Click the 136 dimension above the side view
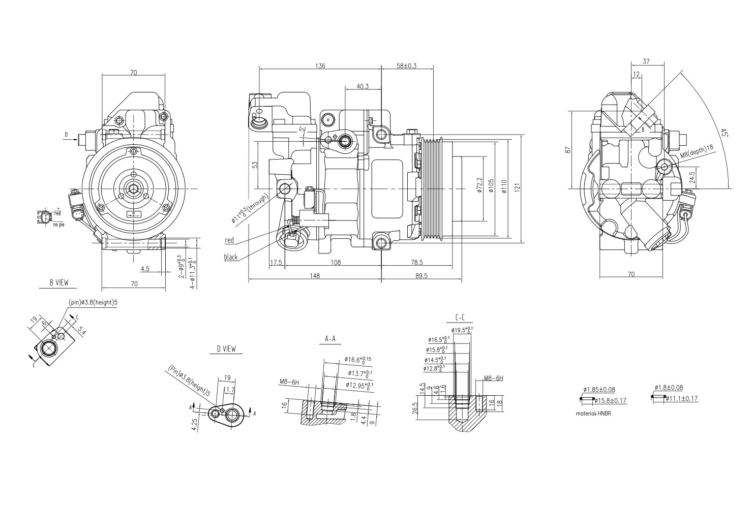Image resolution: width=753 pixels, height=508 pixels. (x=320, y=66)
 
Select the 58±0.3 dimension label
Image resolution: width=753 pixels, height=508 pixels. (x=407, y=66)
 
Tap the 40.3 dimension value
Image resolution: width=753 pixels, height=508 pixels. (x=363, y=86)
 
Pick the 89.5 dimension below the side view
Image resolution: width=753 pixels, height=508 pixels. (x=421, y=276)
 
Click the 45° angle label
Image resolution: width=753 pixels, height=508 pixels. (x=725, y=133)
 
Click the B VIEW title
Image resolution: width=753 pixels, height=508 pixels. (x=58, y=282)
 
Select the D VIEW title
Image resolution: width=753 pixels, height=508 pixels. (x=226, y=349)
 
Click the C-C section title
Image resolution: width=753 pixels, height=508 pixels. (x=460, y=318)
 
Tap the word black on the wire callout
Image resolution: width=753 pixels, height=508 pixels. (x=231, y=257)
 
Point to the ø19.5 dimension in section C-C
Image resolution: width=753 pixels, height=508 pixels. (x=463, y=330)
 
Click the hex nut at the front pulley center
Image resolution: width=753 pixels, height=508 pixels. (x=133, y=189)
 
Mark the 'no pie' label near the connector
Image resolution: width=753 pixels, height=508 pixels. (x=58, y=224)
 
